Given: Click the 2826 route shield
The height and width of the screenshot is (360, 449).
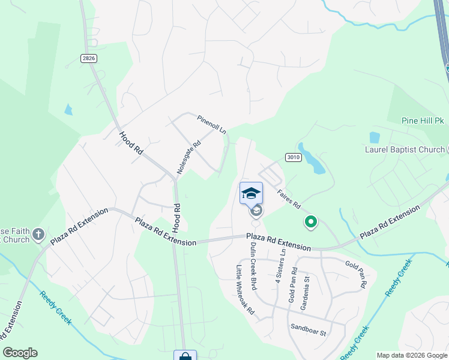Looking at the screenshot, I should tap(88, 58).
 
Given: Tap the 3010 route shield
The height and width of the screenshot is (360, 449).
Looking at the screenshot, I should tap(293, 157).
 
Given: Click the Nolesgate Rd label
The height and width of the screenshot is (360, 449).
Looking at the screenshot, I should tap(188, 155).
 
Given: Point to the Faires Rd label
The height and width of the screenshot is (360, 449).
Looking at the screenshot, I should tap(288, 196).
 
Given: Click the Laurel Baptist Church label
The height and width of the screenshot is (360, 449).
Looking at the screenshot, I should tap(403, 149).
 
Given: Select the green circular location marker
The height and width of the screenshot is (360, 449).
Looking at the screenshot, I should tap(311, 223).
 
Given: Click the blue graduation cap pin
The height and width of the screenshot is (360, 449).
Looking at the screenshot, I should tap(251, 193).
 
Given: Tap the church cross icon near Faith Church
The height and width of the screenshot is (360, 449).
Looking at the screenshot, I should tap(39, 234).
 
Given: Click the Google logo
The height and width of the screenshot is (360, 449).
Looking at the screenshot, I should tap(20, 353).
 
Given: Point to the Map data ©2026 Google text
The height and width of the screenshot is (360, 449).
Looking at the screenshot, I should tap(412, 355).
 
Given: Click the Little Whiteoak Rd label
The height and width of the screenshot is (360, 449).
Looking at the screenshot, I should tap(246, 290).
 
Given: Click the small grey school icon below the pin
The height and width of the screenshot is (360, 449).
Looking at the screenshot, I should tap(256, 211).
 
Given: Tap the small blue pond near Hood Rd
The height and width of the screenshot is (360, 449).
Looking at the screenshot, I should tap(68, 110).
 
